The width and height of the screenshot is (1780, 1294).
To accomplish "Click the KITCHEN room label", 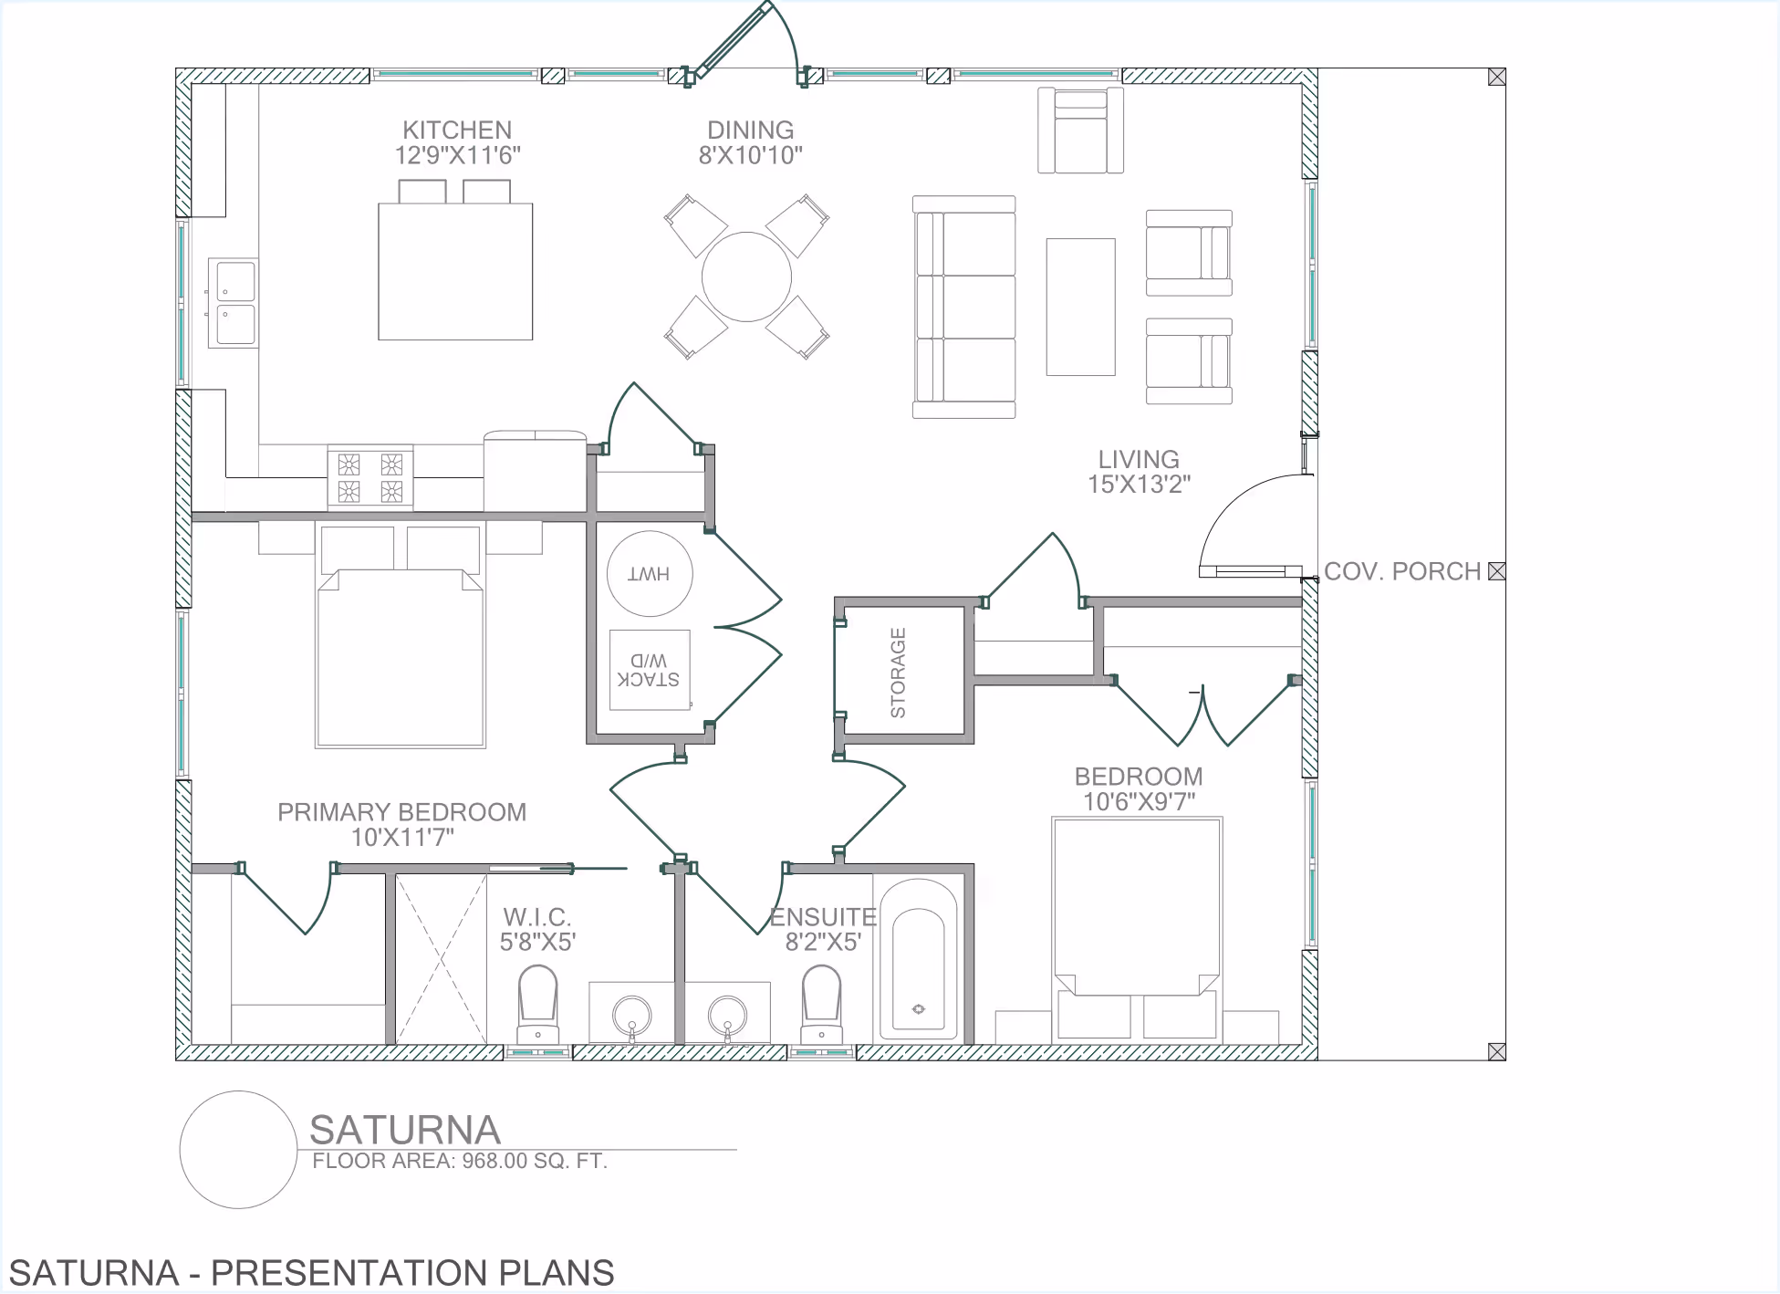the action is pos(457,130).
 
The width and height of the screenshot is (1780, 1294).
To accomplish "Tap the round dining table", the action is pos(746,277).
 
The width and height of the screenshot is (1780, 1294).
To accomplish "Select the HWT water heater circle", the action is pos(650,574).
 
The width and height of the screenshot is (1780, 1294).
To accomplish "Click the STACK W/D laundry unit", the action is pos(650,670).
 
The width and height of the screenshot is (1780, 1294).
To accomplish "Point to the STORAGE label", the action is pos(899,673).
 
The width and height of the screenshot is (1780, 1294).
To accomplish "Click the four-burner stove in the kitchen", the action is pos(370,477).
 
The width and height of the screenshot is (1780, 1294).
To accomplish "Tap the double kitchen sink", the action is pos(234,303).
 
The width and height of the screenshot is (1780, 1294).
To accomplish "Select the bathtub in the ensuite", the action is pos(918,960).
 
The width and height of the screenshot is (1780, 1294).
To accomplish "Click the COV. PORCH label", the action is pos(1402,571).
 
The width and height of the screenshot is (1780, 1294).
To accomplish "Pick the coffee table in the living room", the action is pos(1081,308).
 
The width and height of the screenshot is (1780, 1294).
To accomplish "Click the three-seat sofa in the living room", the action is pos(964,308).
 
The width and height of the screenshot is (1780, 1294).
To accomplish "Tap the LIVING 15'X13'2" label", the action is pos(1139,472).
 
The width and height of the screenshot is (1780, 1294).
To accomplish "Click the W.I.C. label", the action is pos(537,917).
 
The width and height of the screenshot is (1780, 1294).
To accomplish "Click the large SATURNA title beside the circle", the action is pos(405,1130).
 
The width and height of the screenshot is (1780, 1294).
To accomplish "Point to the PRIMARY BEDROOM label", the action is pos(402,812).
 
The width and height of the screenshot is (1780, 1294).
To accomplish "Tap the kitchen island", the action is pos(455,272).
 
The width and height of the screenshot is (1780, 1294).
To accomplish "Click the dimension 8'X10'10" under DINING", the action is pos(751,155).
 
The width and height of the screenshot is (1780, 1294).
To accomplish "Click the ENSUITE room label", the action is pos(823,917).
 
